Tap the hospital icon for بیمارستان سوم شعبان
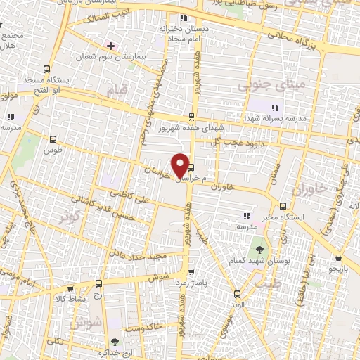110,45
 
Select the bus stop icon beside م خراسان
191,167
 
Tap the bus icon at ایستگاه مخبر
283,207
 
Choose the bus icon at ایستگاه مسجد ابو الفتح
46,69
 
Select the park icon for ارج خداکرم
125,331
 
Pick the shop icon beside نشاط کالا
71,288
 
